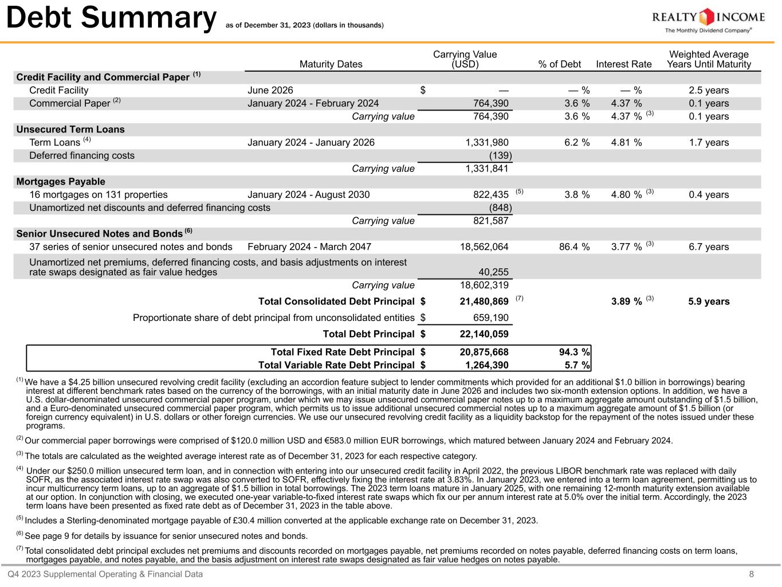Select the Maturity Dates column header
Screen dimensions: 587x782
pos(331,64)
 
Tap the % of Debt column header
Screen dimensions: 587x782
pos(559,64)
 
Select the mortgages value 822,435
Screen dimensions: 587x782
pos(488,194)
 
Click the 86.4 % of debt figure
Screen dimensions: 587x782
pos(574,246)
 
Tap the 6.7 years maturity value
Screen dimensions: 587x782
pos(709,246)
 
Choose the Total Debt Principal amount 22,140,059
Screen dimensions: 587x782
pos(484,334)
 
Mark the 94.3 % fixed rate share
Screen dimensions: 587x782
pos(574,352)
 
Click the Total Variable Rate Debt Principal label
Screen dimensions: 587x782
pos(336,365)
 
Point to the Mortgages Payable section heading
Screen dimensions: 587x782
pos(61,182)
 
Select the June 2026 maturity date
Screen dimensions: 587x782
pos(270,90)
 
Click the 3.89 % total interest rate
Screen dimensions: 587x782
pos(626,302)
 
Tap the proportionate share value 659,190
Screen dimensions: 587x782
pos(488,318)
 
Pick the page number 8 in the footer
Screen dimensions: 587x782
pos(752,574)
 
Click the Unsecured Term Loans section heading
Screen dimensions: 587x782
pos(70,130)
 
